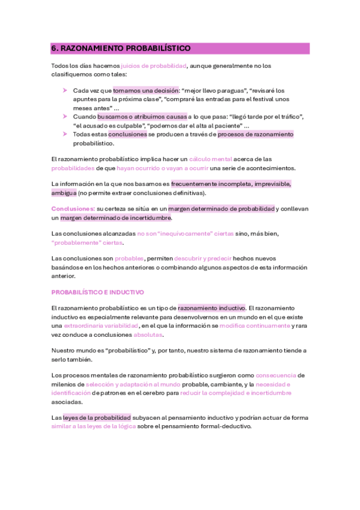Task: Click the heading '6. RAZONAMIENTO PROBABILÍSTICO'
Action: (120, 48)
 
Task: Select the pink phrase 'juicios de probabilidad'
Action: (154, 65)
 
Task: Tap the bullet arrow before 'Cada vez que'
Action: (65, 90)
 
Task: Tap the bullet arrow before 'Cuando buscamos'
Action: (65, 116)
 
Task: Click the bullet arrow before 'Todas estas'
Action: (65, 134)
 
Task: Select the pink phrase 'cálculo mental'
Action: (212, 159)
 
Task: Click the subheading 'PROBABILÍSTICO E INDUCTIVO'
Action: (97, 292)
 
